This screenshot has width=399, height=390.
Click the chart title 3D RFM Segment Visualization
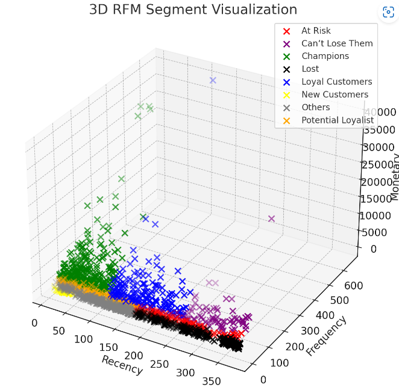[x=193, y=10]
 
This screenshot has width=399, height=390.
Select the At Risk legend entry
[x=316, y=31]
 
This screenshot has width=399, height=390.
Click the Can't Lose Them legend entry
[x=337, y=43]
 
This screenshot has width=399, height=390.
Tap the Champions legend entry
[x=325, y=56]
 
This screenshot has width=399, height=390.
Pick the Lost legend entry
[x=310, y=69]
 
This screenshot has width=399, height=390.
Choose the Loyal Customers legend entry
[x=336, y=82]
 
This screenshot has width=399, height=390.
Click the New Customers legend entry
[x=335, y=94]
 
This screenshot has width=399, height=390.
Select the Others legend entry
[x=315, y=107]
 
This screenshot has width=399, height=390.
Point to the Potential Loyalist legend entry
[x=338, y=120]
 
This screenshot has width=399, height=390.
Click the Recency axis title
[x=122, y=365]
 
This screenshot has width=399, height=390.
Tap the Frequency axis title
[x=326, y=336]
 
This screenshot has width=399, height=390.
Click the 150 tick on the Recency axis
[x=109, y=348]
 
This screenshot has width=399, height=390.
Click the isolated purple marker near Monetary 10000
[x=271, y=219]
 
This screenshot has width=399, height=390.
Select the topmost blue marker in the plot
[x=212, y=80]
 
